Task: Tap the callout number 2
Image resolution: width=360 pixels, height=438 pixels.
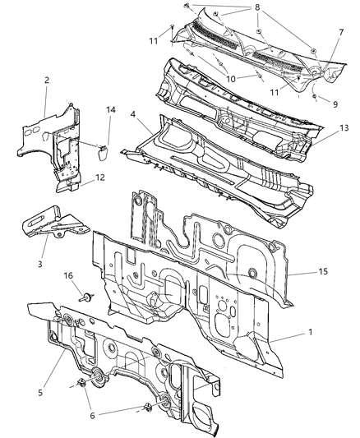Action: [47, 82]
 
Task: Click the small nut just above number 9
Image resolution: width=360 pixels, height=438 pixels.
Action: [315, 97]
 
